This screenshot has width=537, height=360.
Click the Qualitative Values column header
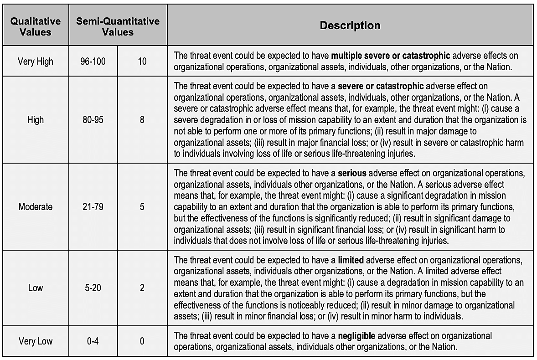coord(36,26)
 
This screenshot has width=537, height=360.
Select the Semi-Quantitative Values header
coord(118,26)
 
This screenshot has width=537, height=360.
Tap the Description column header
coord(350,26)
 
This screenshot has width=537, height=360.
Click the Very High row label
coord(36,61)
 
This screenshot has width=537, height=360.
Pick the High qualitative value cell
coord(36,120)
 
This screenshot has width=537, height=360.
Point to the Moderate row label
coord(36,206)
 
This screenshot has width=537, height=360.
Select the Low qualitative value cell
coord(36,288)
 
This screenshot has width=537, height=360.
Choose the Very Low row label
coord(36,341)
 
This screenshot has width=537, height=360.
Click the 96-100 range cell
coord(93,61)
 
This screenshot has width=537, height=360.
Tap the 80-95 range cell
coord(93,120)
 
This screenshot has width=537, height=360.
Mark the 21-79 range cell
coord(93,206)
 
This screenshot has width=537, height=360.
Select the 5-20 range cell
coord(93,288)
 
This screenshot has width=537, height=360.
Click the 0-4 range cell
coord(93,341)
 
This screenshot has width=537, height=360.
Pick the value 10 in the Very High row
coord(142,61)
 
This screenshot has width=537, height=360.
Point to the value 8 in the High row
coord(142,120)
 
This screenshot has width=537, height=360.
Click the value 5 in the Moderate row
coord(142,206)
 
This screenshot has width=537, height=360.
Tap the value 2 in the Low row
coord(142,288)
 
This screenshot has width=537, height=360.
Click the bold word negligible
coord(356,336)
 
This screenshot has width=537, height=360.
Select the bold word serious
coord(352,174)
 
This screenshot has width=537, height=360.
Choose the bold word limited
coord(351,260)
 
